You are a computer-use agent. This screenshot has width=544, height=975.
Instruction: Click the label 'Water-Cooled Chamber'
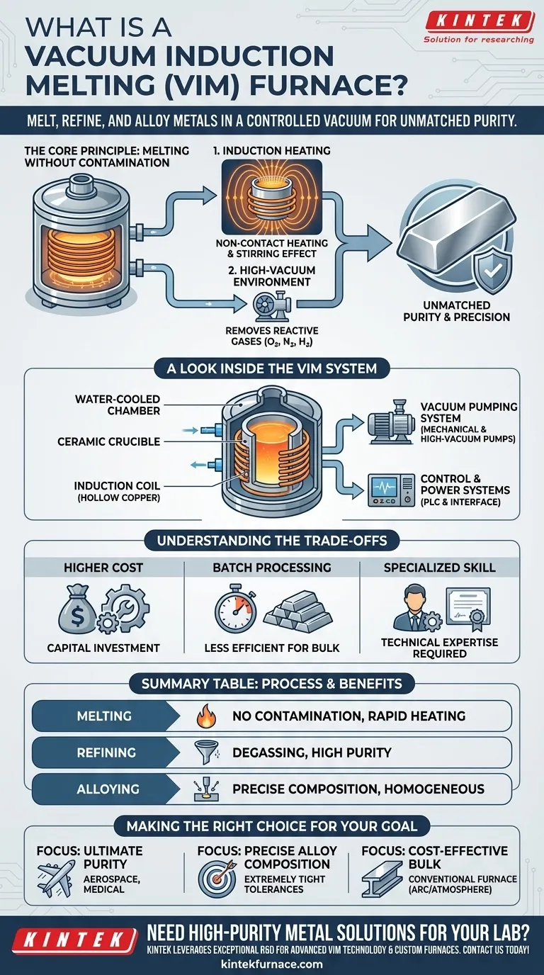118,405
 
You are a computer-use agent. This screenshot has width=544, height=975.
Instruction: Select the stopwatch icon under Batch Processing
235,609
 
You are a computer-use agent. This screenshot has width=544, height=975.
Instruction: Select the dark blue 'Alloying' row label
99,789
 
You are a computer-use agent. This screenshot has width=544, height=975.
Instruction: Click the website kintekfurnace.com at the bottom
272,964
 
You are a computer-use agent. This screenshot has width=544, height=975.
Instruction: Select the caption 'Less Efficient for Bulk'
272,648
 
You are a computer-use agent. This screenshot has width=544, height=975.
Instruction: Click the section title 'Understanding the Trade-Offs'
272,541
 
